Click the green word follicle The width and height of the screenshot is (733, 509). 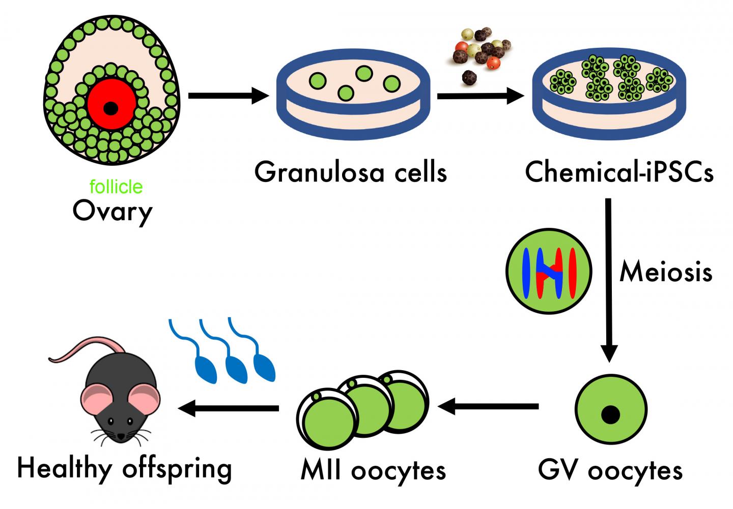tap(116, 187)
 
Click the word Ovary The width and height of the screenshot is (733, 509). tap(112, 212)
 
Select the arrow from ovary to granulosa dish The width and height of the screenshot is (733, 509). tap(227, 95)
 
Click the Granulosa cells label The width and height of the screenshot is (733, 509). tap(351, 172)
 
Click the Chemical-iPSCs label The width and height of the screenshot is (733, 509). tap(619, 172)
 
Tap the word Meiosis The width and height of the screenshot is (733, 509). tap(665, 273)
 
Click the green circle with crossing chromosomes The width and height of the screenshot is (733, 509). tap(549, 271)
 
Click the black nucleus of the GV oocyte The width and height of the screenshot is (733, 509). tap(610, 414)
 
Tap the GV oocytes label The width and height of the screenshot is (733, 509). tap(610, 470)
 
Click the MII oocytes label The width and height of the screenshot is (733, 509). tap(373, 470)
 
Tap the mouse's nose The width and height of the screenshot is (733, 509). tap(121, 436)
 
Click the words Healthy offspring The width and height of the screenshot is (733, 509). tap(125, 468)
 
